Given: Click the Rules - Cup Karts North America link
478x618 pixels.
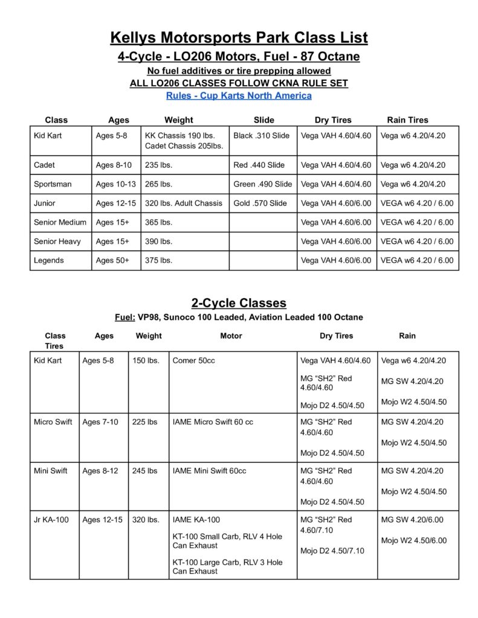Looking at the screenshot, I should click(239, 95).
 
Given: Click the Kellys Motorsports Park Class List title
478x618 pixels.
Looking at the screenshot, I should click(239, 38).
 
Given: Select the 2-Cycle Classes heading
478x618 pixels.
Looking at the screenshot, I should click(239, 302).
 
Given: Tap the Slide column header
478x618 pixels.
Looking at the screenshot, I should click(263, 120).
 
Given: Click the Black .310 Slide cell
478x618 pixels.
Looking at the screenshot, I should click(261, 135).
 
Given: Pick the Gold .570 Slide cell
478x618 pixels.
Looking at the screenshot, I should click(260, 203).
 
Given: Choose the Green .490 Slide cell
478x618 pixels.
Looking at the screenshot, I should click(262, 183).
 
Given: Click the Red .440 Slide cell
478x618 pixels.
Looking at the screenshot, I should click(259, 165).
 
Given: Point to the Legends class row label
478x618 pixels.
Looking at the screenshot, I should click(48, 260).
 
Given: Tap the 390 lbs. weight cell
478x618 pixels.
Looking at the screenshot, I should click(158, 241).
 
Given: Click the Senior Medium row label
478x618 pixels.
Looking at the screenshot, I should click(60, 222).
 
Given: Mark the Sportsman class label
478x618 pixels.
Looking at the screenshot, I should click(54, 183).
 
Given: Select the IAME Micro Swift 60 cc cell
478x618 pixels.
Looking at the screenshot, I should click(213, 422).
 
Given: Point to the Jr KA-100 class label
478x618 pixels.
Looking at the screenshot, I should click(51, 519).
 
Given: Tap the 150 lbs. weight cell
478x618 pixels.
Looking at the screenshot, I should click(146, 360).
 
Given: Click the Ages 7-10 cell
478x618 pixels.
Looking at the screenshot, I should click(100, 422).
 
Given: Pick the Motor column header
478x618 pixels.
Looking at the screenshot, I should click(231, 336).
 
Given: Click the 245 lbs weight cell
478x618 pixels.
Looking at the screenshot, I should click(144, 470).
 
